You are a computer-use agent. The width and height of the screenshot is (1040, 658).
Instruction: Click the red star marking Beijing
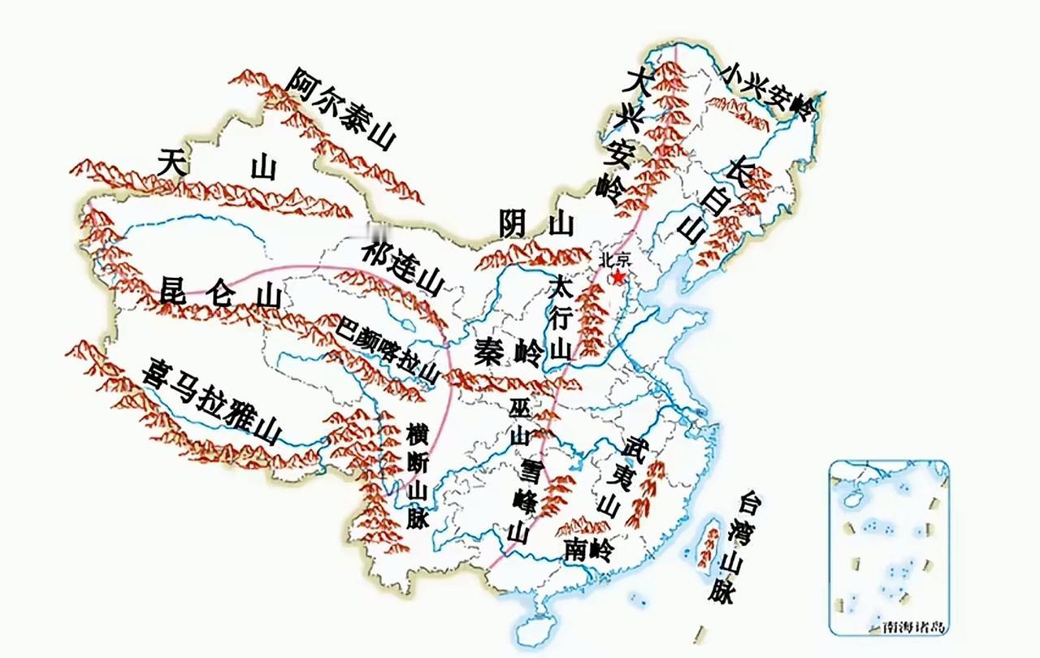(x=619, y=277)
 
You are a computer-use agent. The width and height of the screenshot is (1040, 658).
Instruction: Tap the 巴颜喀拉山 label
(x=388, y=350)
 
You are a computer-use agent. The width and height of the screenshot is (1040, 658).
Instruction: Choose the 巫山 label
(x=519, y=420)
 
